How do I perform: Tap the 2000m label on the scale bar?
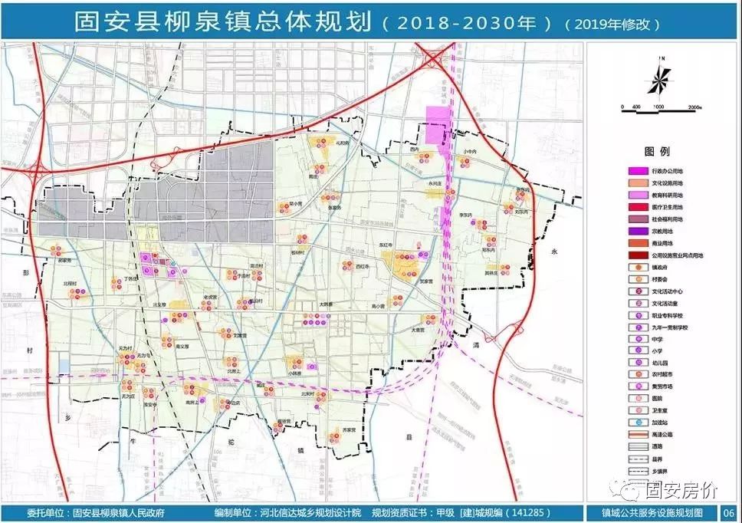coord(696,106)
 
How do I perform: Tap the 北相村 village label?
coord(71,283)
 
